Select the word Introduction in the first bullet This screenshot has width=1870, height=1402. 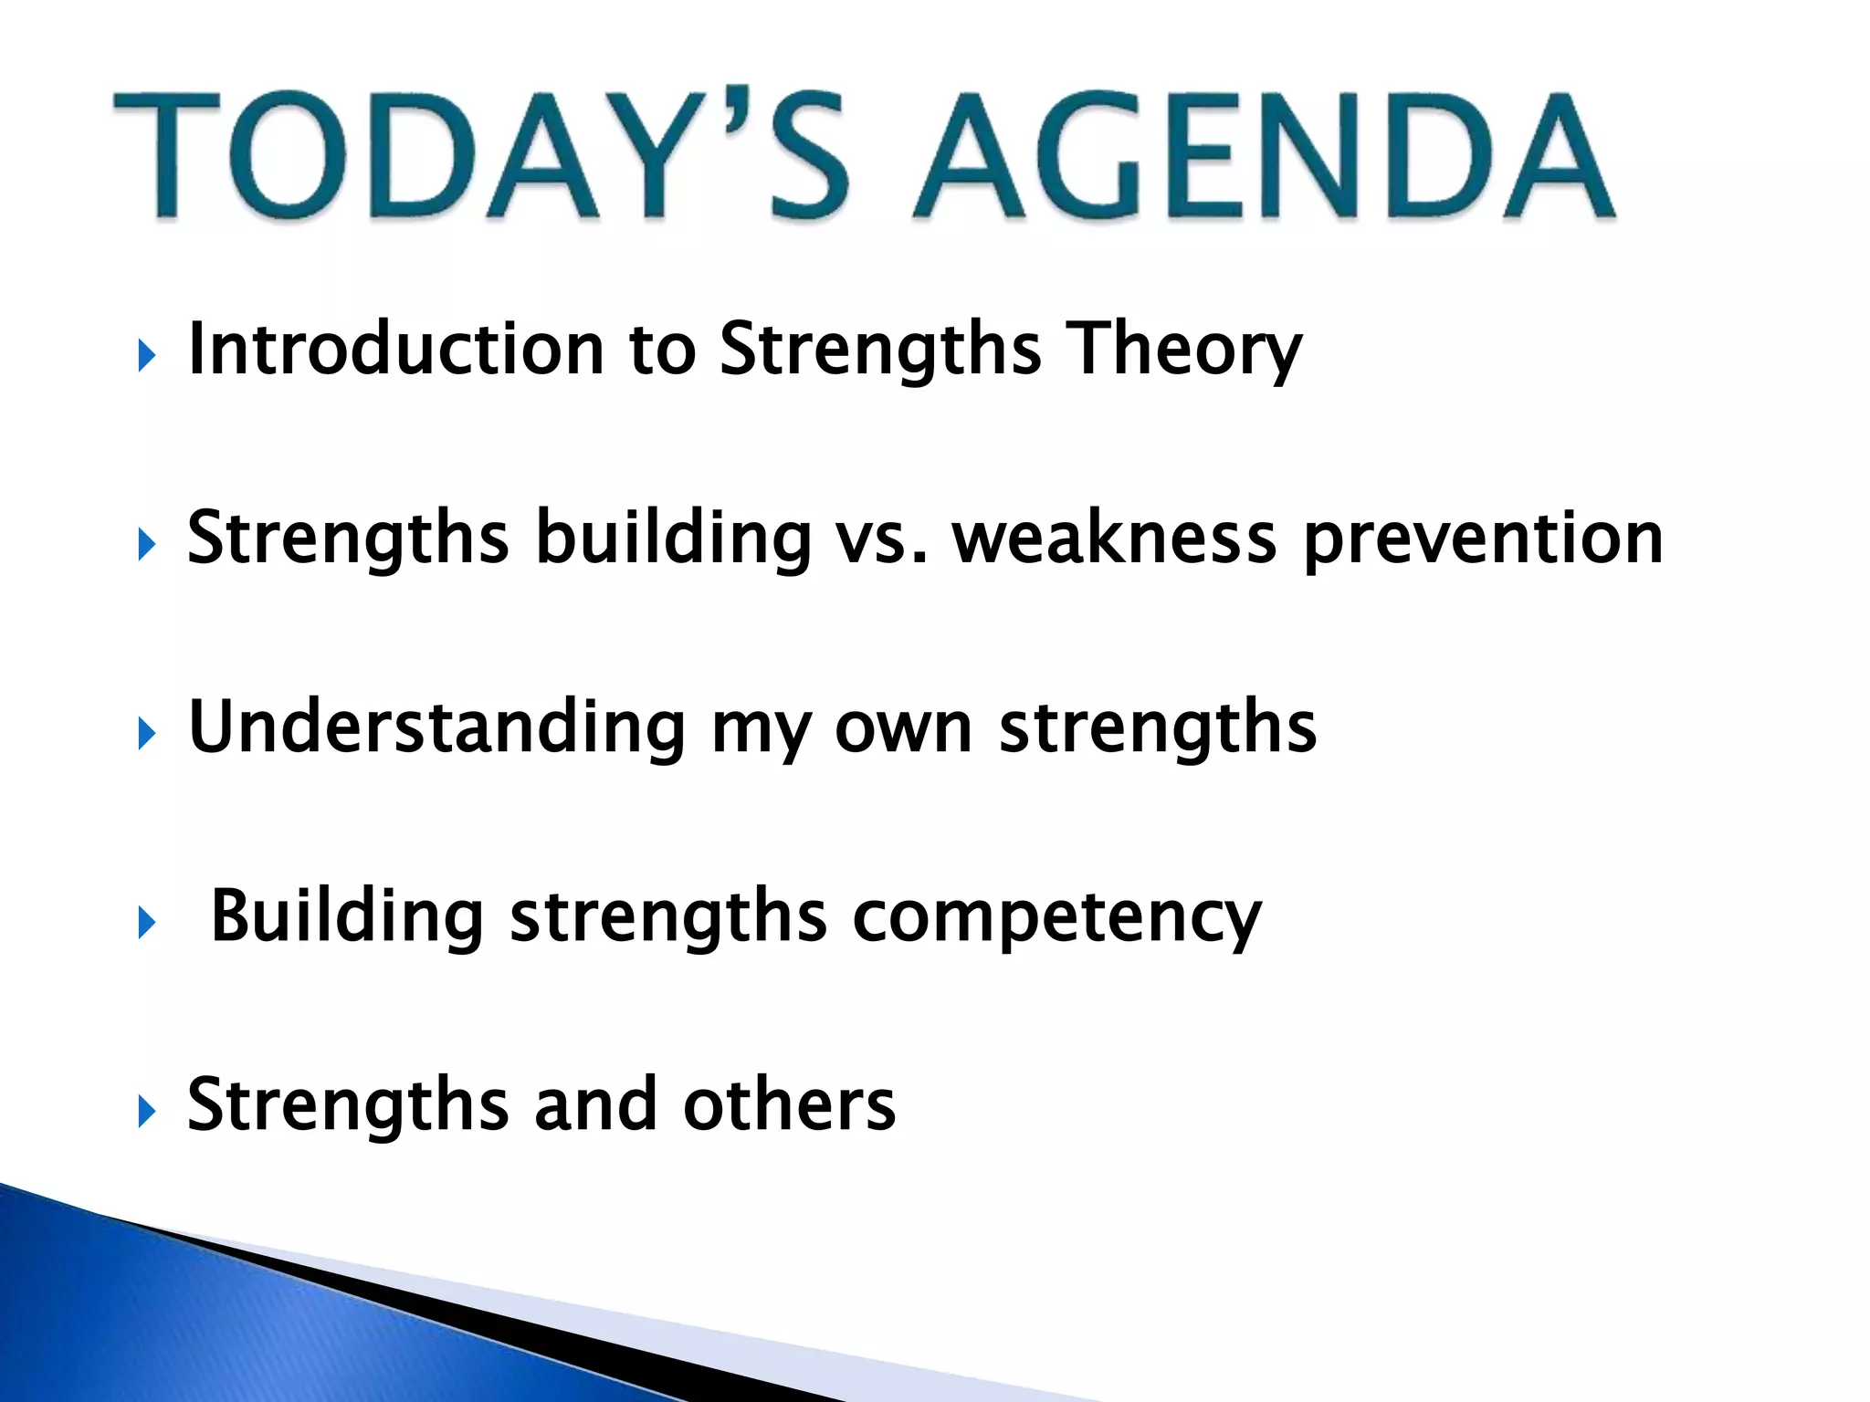coord(395,349)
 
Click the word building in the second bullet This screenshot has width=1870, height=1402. coord(672,539)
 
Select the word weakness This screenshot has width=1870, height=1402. coord(1113,539)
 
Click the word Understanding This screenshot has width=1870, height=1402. coord(436,727)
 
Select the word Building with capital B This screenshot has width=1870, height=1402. coord(346,916)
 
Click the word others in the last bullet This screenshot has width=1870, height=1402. coord(789,1105)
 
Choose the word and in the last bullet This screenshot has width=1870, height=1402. coord(594,1105)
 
